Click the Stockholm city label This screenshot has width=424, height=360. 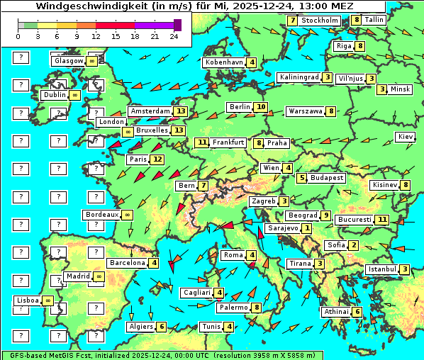click(320, 21)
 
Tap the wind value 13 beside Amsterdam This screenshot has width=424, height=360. click(181, 111)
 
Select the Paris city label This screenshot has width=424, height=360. click(137, 159)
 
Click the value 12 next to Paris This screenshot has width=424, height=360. click(157, 159)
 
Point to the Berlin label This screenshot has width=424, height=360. click(240, 107)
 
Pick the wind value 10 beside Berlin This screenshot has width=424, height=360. click(261, 107)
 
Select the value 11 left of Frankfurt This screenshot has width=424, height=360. click(202, 142)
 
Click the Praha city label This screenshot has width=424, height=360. click(277, 143)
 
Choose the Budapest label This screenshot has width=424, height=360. click(326, 178)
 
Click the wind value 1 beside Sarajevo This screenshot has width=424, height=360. click(306, 228)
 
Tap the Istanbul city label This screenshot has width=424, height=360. click(382, 269)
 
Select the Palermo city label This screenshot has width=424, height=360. click(233, 308)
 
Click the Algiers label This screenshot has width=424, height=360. click(140, 327)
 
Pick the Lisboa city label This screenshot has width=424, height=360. click(28, 300)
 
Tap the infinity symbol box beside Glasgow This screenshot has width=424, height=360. click(92, 61)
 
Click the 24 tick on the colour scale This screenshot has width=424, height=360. click(174, 36)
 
